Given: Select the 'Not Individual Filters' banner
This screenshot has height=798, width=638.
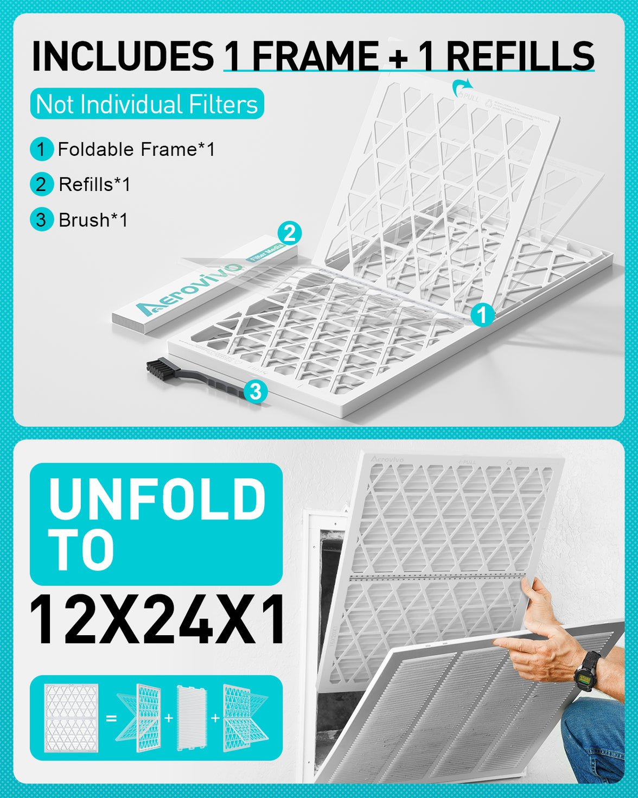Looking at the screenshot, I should [x=147, y=104].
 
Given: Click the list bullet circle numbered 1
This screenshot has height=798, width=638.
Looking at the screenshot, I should [x=41, y=149].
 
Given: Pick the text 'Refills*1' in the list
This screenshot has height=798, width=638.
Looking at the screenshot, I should [x=94, y=185].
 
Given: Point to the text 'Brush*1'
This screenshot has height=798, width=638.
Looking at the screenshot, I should [x=93, y=220].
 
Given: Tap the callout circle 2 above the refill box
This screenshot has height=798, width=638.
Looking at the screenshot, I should [x=290, y=233].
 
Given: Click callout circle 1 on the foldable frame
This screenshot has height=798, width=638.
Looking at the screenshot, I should [x=482, y=314].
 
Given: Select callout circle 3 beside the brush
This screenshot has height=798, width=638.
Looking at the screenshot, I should [x=256, y=391].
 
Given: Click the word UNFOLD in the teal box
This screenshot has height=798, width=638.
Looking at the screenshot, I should [x=157, y=498].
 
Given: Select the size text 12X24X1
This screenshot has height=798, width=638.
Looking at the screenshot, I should [x=157, y=619].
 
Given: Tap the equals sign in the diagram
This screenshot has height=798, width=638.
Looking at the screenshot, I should [x=111, y=718].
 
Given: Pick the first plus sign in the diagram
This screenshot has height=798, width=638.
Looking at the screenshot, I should [x=169, y=718].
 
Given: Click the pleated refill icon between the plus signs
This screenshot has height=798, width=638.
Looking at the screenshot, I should [x=192, y=718].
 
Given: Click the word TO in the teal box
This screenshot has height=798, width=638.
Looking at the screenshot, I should [x=81, y=550].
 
